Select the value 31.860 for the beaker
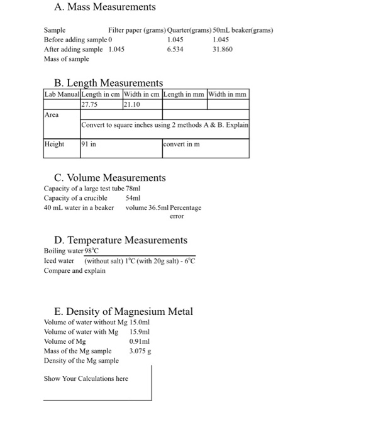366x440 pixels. coord(223,48)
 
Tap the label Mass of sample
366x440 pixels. coord(66,58)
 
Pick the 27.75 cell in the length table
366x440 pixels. coord(91,104)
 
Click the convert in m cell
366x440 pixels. coord(182,144)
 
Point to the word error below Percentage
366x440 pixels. coord(177,216)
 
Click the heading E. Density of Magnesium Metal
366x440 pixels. coord(124,312)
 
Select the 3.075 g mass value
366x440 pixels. coord(140,351)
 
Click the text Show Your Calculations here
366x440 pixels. coord(86,378)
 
